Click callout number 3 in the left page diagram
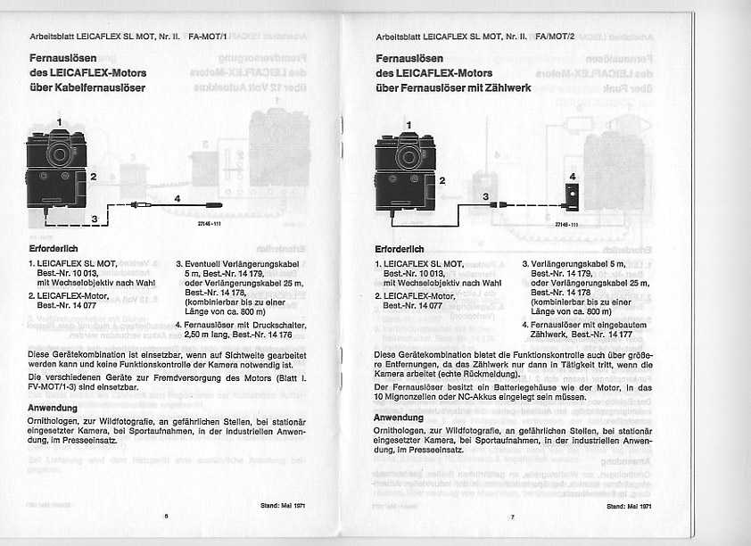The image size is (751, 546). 95,218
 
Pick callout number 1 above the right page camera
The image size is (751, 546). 409,125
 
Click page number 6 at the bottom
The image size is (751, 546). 166,517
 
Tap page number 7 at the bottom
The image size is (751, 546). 513,517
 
